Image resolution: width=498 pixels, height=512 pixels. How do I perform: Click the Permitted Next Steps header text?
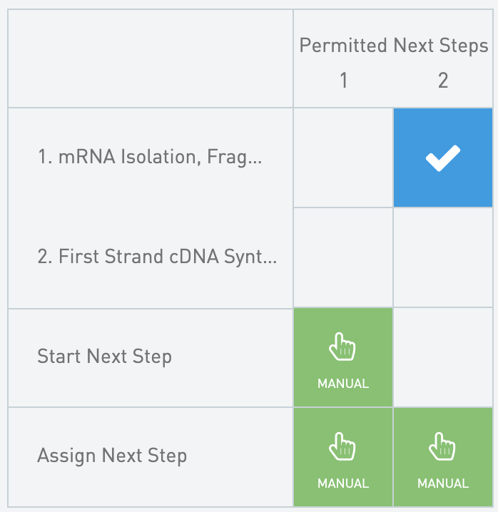(x=393, y=46)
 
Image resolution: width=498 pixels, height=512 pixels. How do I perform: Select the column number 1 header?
(x=343, y=81)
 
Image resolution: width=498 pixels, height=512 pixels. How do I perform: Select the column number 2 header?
(x=443, y=81)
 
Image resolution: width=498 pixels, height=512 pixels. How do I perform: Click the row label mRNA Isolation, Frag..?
(x=150, y=158)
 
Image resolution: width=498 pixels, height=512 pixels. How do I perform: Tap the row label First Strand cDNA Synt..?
(x=157, y=257)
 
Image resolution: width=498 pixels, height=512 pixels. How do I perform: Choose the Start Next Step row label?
(x=104, y=356)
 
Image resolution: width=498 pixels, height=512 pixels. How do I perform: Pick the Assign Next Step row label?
(x=112, y=456)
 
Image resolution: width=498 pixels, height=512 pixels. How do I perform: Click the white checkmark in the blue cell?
(x=443, y=158)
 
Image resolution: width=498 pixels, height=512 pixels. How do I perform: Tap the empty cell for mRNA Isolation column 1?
(x=343, y=158)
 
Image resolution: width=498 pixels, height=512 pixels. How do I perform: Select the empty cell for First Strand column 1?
(x=343, y=257)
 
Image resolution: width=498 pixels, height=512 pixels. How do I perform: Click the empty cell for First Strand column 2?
(x=443, y=257)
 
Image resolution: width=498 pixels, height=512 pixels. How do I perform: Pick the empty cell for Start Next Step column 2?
(x=443, y=357)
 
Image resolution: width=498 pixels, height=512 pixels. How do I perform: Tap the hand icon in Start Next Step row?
(x=342, y=349)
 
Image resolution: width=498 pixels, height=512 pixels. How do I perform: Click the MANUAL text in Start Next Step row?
(x=343, y=384)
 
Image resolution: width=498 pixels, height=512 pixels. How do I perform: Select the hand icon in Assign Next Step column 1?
(x=342, y=449)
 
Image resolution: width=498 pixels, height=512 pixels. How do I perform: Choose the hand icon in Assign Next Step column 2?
(x=442, y=449)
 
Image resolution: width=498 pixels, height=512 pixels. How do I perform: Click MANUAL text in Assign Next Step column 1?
(x=343, y=483)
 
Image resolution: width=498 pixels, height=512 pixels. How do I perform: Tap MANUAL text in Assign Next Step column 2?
(x=443, y=483)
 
